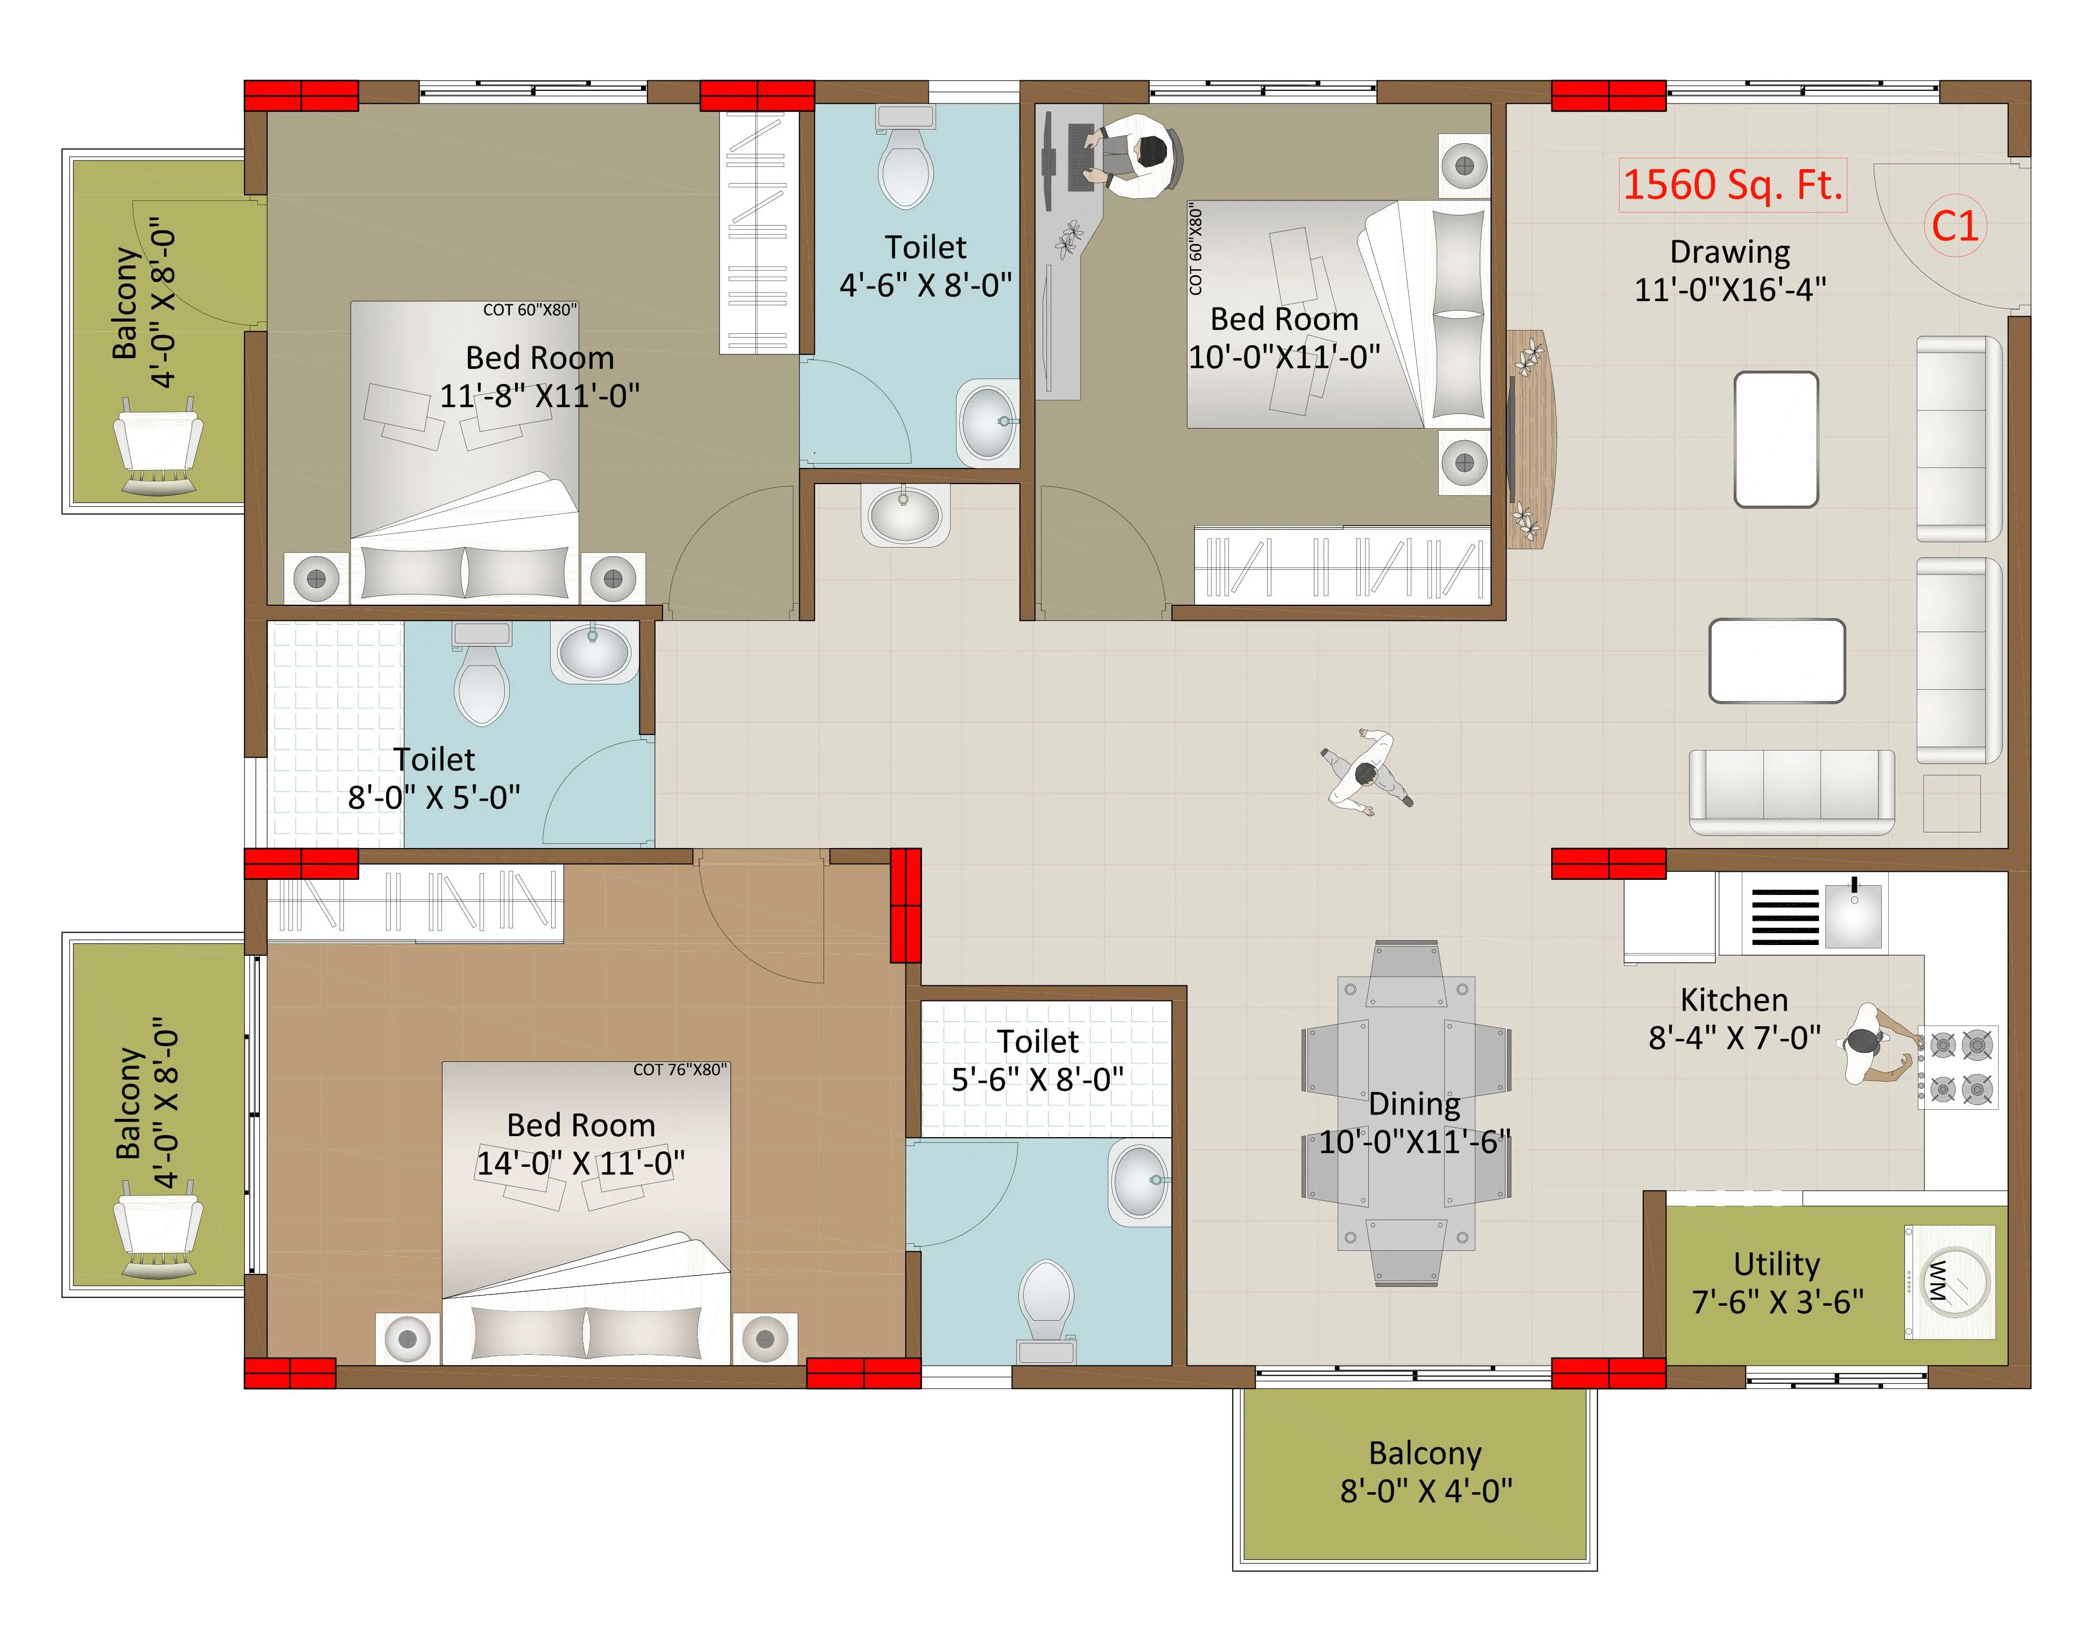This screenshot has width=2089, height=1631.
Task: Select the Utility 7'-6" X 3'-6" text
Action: (x=1777, y=1283)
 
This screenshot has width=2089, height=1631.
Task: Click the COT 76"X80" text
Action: (x=679, y=1069)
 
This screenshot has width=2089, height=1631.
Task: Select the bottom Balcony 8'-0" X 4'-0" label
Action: (x=1425, y=1471)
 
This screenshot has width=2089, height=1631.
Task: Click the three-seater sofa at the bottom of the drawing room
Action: (x=1791, y=790)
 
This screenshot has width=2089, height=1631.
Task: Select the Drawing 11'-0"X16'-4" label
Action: (x=1729, y=270)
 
